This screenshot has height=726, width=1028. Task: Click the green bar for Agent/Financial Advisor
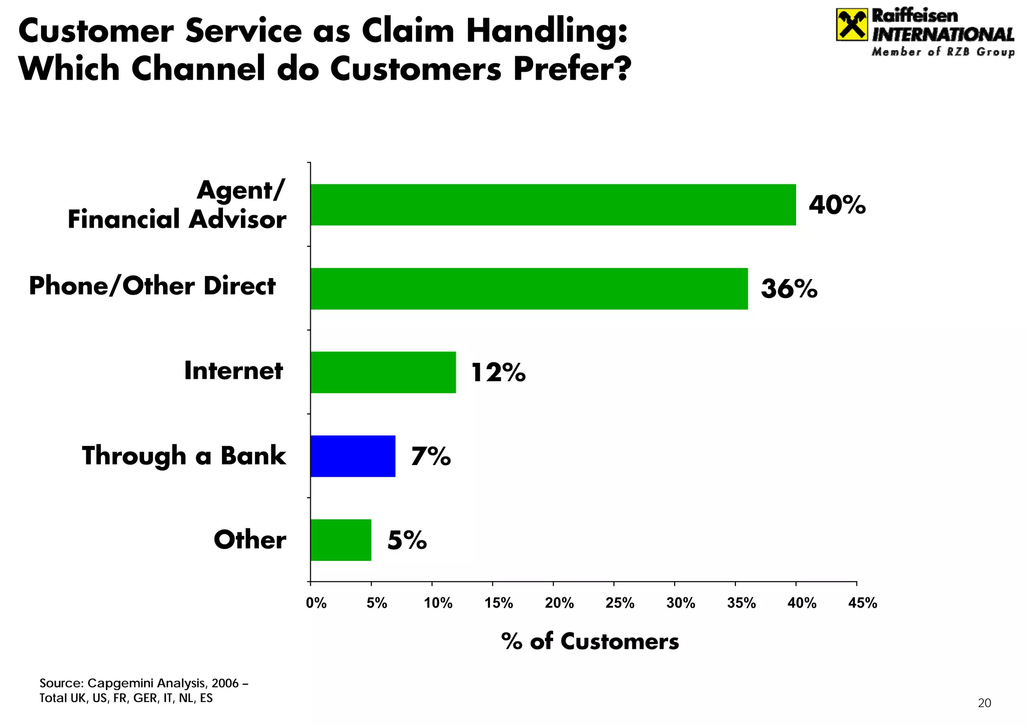point(552,205)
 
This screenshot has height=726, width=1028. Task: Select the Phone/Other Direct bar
point(529,288)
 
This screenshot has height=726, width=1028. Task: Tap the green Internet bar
point(383,372)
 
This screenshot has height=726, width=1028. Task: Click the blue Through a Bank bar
point(352,456)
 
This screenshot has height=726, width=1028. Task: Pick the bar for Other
point(340,540)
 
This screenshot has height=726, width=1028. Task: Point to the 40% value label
point(837,205)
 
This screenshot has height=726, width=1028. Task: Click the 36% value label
point(789,289)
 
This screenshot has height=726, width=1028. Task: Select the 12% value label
point(498,373)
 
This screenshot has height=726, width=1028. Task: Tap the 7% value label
point(431,457)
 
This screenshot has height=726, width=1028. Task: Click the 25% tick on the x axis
point(620,603)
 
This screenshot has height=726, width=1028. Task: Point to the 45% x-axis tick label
point(862,603)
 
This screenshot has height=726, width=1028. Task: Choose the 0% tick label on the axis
point(316,603)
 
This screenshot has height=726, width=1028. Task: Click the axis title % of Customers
point(590,642)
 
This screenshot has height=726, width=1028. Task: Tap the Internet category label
point(233,371)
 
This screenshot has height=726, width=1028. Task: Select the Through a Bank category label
point(184,456)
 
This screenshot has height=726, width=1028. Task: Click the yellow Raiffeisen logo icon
point(851,25)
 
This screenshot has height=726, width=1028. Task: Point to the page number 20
point(984,703)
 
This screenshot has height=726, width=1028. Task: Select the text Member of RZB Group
point(943,52)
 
